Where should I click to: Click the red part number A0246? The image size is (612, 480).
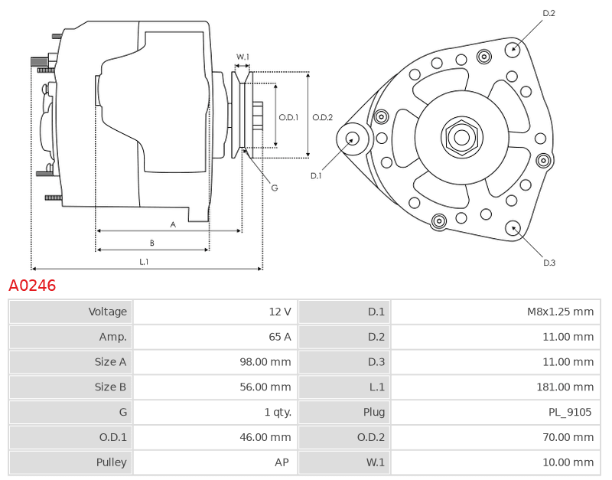32,286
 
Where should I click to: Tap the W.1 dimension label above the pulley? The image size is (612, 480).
243,57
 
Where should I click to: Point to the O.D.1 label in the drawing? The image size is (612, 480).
288,117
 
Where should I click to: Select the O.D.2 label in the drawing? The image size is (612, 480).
322,117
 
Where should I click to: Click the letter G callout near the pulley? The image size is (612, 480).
275,188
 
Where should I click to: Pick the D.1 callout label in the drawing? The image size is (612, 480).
316,176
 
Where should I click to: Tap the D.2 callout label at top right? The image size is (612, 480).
549,13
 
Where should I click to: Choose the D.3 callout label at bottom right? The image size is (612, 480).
549,263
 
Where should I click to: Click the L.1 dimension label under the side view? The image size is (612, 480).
144,262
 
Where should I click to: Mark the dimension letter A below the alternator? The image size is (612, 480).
173,224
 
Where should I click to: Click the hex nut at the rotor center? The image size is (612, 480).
462,137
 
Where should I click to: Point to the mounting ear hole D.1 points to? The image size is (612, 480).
353,139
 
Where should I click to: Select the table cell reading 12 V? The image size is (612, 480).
280,312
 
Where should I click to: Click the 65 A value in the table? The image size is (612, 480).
280,337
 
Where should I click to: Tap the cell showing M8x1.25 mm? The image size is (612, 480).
560,312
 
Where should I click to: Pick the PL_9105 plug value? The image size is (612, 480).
570,412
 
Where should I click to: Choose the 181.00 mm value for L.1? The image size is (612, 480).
565,387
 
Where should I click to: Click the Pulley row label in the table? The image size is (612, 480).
111,462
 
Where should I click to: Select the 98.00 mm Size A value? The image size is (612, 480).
265,362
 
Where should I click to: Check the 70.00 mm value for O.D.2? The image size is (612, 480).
568,437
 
